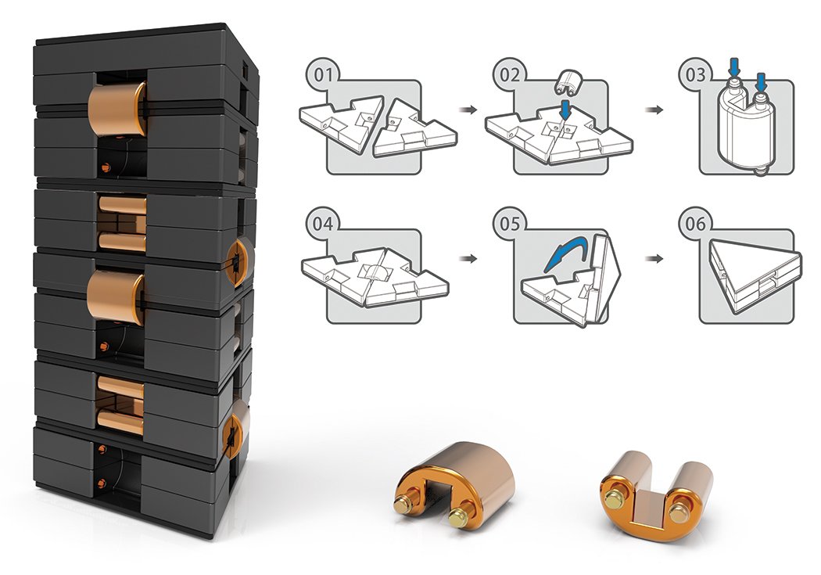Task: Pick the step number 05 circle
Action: pyautogui.click(x=509, y=225)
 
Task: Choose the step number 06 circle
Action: pyautogui.click(x=694, y=225)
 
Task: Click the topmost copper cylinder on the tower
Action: pyautogui.click(x=117, y=108)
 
